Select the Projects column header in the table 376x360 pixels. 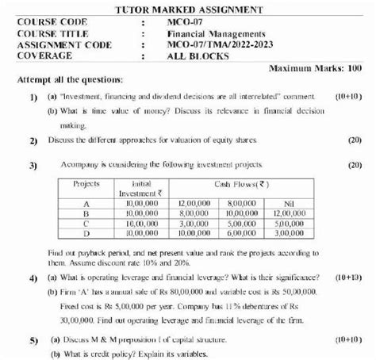click(x=84, y=183)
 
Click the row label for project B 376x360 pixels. click(x=85, y=213)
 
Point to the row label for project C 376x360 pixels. click(x=85, y=224)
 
